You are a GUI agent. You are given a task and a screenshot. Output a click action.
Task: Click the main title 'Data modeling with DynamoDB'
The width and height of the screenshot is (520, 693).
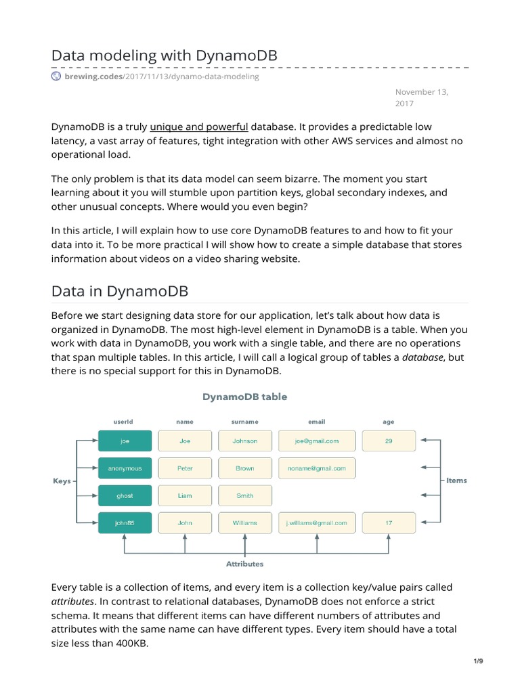[x=165, y=55]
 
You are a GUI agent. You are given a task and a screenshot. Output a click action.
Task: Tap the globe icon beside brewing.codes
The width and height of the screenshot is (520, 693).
[x=56, y=76]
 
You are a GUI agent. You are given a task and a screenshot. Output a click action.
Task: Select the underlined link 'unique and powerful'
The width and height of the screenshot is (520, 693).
[x=199, y=127]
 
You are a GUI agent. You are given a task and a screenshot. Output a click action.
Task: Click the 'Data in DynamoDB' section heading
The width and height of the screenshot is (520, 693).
[x=119, y=291]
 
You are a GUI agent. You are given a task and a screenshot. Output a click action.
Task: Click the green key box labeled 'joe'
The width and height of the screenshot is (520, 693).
[x=125, y=441]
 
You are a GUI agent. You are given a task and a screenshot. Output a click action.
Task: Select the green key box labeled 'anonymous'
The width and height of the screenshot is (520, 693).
[x=125, y=468]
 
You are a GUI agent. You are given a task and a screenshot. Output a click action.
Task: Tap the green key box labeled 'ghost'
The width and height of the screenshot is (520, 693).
[x=125, y=495]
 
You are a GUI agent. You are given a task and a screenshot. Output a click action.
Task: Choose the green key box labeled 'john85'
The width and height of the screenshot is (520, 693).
[x=125, y=522]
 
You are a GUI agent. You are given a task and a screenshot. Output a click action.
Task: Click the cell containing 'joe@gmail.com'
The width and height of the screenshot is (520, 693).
[x=317, y=441]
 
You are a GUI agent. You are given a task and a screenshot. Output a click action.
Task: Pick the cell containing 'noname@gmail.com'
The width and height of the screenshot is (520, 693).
[x=317, y=468]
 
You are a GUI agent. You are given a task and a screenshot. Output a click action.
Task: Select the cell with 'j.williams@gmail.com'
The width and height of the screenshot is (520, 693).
[x=317, y=522]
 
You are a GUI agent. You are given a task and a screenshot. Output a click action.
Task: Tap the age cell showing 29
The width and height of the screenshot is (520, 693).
[x=389, y=441]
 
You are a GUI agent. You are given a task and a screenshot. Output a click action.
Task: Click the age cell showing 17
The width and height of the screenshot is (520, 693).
[x=389, y=522]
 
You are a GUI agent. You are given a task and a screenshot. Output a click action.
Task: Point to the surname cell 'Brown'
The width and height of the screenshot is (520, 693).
[x=245, y=468]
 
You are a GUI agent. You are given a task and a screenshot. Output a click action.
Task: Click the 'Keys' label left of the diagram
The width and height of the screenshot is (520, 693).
[x=62, y=481]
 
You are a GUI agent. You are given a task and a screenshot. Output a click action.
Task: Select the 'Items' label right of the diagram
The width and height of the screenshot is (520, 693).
[x=456, y=480]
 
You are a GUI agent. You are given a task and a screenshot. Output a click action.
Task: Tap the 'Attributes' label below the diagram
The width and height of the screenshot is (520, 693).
[x=244, y=564]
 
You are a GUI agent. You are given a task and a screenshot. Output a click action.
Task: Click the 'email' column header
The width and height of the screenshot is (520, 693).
[x=317, y=422]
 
